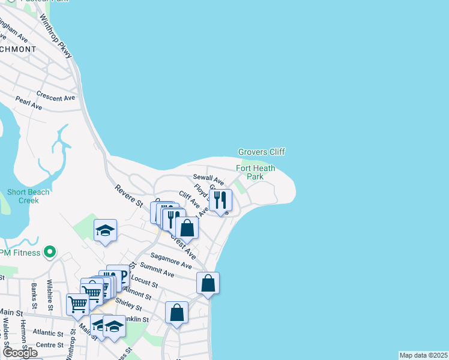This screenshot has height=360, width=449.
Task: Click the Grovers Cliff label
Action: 261,152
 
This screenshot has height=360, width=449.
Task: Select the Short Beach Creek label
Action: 23,196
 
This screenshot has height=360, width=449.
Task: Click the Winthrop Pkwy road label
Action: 56,37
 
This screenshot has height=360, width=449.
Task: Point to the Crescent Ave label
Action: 55,97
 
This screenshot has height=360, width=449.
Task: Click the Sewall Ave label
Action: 208,179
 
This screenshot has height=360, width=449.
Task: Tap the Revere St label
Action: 128,196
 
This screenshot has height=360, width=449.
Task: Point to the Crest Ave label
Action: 183,246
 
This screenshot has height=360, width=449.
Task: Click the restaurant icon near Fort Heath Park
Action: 220,200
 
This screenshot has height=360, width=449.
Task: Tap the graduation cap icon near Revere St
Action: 105,231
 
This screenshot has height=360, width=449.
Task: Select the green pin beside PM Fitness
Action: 50,252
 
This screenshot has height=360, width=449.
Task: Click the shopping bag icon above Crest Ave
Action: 187,228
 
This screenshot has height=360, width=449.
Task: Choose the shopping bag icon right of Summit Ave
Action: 208,283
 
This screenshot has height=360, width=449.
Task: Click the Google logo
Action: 20,353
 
